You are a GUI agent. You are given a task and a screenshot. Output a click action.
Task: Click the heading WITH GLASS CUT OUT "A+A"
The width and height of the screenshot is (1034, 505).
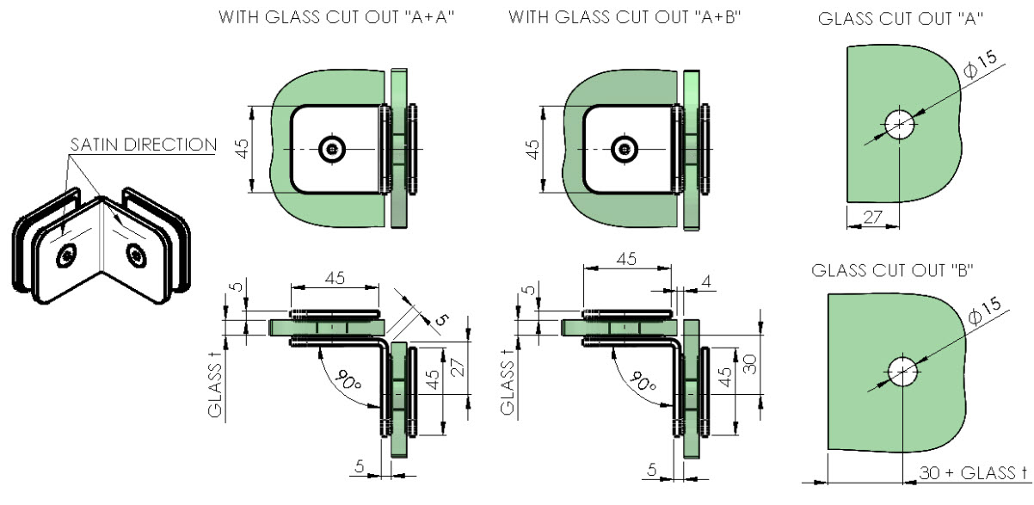pos(336,17)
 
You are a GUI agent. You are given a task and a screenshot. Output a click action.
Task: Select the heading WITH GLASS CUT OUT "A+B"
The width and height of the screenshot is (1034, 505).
pos(625,17)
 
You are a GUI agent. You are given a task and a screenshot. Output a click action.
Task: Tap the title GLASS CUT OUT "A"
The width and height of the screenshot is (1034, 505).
pos(901,19)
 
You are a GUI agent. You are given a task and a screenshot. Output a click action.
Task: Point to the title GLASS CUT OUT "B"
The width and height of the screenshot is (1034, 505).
pos(892,270)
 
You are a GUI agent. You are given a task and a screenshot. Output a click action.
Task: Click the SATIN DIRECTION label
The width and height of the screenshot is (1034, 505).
pos(143,145)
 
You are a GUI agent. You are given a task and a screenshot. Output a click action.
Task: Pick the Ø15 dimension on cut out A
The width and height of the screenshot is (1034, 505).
pos(981,65)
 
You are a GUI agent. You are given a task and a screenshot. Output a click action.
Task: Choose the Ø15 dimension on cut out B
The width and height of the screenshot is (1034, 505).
pos(984,311)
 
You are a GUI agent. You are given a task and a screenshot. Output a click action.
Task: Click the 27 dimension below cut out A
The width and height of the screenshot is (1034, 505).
pos(872,217)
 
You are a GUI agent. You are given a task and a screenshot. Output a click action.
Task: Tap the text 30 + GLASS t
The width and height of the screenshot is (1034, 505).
pos(973,472)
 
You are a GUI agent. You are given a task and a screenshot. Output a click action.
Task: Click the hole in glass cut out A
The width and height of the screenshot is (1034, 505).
pos(899,124)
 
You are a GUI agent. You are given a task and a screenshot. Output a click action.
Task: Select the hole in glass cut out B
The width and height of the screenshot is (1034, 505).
pos(902,371)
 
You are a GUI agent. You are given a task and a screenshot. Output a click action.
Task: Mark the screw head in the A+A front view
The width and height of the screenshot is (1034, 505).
pos(332,149)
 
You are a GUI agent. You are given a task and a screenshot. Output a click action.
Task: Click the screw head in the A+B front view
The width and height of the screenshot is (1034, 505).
pos(625,149)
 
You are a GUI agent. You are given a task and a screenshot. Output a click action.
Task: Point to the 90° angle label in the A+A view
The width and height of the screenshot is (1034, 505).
pos(348,380)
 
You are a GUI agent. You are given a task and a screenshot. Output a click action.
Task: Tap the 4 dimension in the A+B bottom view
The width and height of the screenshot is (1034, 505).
pos(705,281)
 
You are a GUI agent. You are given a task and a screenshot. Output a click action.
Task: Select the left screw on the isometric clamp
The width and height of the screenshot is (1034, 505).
pos(67,256)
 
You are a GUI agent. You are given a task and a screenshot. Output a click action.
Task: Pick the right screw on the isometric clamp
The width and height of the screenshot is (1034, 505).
pos(136,256)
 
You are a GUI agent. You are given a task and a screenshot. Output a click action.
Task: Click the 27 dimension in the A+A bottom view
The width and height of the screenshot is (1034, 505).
pos(457,367)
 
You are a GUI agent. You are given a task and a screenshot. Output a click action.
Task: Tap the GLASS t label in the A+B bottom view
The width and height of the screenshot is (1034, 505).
pos(507,383)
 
